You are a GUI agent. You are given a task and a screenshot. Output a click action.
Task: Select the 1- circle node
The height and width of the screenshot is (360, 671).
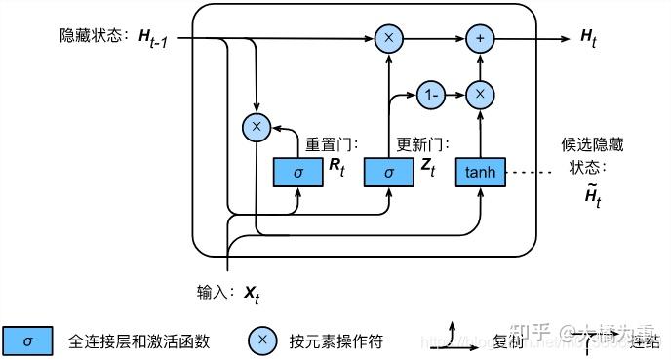coord(429,95)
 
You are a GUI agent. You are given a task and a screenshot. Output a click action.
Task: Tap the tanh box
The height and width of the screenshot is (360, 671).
coord(481,172)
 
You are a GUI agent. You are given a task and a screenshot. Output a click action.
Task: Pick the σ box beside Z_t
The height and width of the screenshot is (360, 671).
coord(389,172)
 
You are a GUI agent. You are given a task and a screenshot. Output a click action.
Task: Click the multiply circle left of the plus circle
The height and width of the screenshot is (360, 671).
coord(389,38)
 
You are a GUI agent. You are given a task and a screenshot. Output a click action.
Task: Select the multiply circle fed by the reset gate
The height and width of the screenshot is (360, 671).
coord(257,126)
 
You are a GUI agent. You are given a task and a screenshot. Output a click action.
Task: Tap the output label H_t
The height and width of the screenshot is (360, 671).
coord(590,37)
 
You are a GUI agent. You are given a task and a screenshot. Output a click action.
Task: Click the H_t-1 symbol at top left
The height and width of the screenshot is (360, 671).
coord(157,38)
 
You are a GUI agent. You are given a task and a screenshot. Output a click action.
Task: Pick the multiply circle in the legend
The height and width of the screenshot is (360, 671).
coord(261,340)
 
